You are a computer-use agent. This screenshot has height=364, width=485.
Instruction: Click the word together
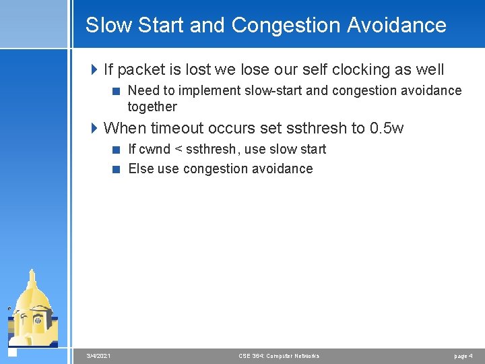(x=152, y=107)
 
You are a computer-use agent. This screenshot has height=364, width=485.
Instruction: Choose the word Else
(x=141, y=169)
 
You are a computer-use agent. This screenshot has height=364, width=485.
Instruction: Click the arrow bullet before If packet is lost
(x=94, y=69)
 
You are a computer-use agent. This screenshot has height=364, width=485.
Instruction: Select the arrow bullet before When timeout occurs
(x=94, y=127)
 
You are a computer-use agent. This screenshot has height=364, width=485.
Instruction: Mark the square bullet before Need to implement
(x=117, y=91)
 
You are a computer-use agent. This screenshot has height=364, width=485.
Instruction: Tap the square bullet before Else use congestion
(x=117, y=169)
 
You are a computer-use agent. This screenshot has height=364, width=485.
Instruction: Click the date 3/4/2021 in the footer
(x=99, y=356)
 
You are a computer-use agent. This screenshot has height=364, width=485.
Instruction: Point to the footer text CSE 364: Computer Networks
(x=279, y=356)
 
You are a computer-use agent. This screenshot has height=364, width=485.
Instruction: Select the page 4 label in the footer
(x=463, y=356)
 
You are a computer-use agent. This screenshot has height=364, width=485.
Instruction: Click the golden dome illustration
(x=32, y=307)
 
